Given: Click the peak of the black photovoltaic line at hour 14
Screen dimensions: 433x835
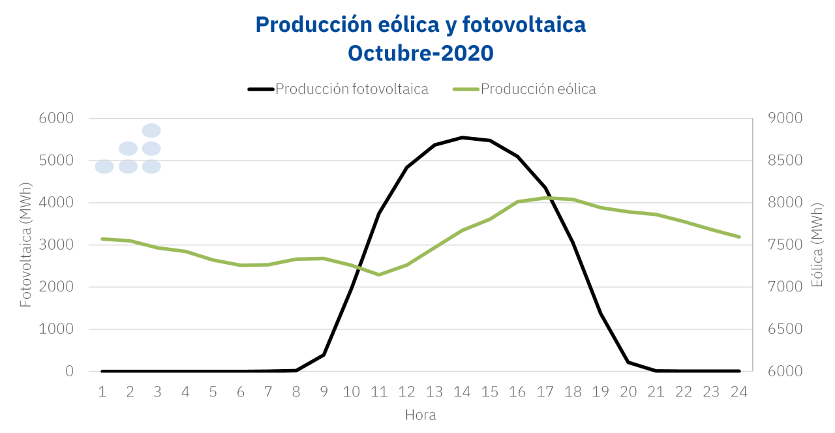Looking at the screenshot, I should pos(462,138).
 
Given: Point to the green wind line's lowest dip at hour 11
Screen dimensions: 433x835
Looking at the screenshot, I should pos(379,275).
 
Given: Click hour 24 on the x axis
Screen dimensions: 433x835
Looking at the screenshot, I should pos(739,391).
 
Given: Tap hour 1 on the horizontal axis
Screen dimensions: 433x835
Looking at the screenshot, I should pos(102,391).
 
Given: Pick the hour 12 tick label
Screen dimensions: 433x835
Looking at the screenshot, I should pos(407,391).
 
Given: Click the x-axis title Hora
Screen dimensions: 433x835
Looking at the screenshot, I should pos(421,415).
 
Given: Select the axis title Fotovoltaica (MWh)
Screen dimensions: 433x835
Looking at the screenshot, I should pos(25,245).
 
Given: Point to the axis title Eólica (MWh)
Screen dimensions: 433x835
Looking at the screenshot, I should pos(817,245).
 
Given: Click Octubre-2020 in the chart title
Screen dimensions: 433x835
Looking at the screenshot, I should pos(421,53).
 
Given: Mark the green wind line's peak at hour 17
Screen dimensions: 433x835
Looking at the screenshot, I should pos(545,198).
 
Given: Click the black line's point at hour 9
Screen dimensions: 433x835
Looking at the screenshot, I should pos(324,355).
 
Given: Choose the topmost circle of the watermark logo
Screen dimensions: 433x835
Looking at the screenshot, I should pos(151,130).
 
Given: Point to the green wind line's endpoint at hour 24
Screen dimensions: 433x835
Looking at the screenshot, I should pos(739,237).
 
